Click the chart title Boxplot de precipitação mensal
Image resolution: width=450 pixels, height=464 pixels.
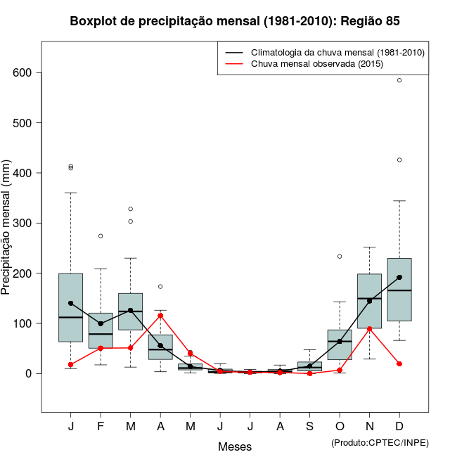[235, 21]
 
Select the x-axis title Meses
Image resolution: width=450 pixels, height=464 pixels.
[235, 446]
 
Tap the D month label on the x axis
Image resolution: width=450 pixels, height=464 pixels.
[399, 427]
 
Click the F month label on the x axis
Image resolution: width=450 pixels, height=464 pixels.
[101, 427]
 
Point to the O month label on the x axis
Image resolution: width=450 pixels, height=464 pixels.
[340, 427]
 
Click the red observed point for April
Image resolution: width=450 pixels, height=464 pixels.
[160, 316]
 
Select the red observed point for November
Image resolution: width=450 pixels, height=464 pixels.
[369, 328]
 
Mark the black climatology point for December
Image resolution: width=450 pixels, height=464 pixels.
[399, 277]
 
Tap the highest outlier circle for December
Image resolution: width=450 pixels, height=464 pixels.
[399, 80]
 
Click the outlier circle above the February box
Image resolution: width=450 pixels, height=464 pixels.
[101, 236]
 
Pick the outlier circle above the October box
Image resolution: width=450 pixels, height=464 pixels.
[340, 256]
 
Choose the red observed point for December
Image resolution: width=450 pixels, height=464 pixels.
[399, 364]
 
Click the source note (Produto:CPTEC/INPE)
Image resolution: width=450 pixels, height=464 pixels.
[380, 442]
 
